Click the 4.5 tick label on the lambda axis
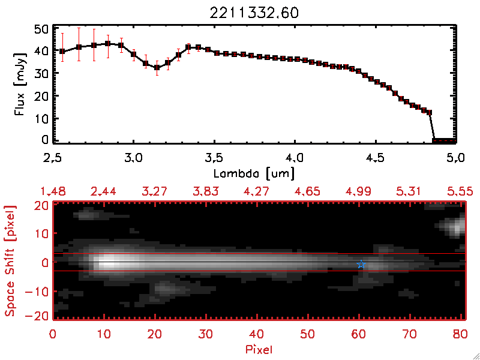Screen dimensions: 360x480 click(x=375, y=158)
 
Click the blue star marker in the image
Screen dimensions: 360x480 click(x=361, y=265)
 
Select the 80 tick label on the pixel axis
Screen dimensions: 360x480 click(x=461, y=333)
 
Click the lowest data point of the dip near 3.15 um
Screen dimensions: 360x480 click(x=157, y=67)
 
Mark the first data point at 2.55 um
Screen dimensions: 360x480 click(x=62, y=52)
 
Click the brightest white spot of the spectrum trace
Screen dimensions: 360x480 click(x=108, y=262)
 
